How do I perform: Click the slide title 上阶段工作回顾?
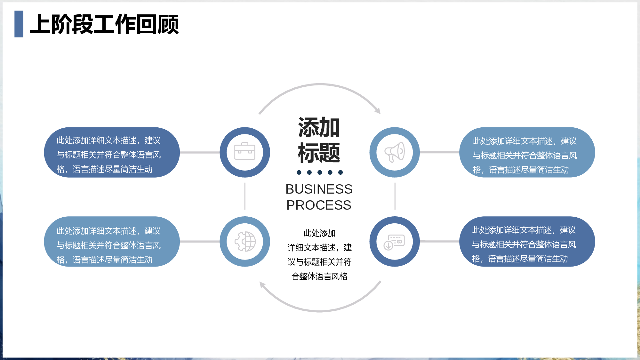point(104,24)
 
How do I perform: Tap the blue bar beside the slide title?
point(19,24)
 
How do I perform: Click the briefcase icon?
point(245,151)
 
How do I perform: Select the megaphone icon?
point(395,152)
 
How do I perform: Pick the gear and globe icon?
point(245,242)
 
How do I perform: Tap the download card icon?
point(394,242)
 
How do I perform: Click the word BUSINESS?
point(319,189)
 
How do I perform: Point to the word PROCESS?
point(319,205)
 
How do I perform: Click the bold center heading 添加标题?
point(319,140)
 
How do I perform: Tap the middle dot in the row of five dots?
point(320,172)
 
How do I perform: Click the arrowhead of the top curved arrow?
point(378,111)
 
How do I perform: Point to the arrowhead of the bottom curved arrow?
point(262,285)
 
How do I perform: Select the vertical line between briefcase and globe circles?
point(245,196)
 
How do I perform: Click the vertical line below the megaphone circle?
point(395,196)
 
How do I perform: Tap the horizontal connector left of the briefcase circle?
point(200,152)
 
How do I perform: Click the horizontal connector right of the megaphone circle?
point(440,152)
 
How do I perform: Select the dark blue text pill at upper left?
point(112,152)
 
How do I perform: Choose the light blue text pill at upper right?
point(527,152)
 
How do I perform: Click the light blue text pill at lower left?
point(112,242)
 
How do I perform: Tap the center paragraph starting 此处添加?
point(319,255)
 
